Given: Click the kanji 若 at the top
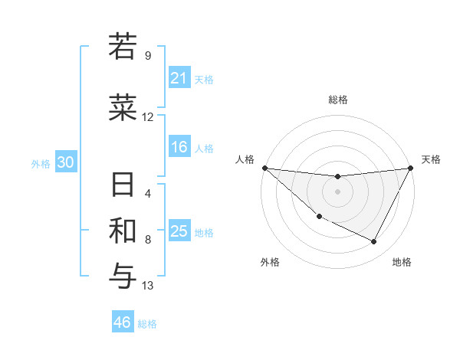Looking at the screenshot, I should tap(123, 47).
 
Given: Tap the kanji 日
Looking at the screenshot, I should tap(123, 186).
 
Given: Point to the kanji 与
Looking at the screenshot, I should tap(123, 275).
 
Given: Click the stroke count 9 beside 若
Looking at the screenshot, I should tap(147, 56).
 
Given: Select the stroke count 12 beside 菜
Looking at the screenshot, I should tap(147, 117).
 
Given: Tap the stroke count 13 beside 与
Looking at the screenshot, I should tap(147, 286).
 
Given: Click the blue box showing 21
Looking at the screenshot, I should tap(179, 77).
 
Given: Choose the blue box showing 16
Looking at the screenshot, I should tap(179, 147).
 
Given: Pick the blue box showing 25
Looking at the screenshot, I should tap(179, 231).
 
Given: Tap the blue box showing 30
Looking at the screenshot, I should tap(65, 162).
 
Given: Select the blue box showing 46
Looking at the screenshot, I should tap(123, 322).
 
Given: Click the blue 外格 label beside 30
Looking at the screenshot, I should tap(41, 163).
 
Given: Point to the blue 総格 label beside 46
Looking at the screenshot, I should tap(148, 324).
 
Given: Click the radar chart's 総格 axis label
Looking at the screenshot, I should tap(337, 100).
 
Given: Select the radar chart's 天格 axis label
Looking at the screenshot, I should tap(431, 159).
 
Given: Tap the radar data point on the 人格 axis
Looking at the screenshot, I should tap(264, 168).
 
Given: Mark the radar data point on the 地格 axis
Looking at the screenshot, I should tap(374, 242).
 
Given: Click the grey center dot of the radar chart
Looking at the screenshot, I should tap(337, 191).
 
